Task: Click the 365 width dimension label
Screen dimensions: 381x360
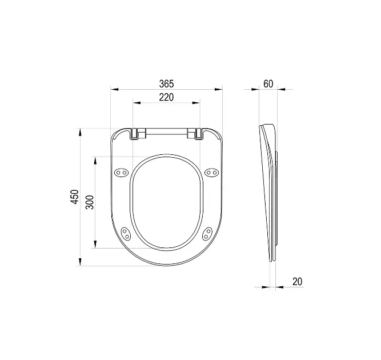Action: point(166,84)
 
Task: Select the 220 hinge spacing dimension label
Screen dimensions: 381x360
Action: point(166,97)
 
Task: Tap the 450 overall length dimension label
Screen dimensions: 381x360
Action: point(75,197)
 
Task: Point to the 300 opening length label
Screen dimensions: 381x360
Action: point(90,202)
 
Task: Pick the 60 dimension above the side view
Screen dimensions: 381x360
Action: point(268,84)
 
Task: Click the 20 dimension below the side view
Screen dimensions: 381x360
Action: point(297,282)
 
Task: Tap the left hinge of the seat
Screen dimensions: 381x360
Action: point(138,134)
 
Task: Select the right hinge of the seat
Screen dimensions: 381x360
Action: point(195,134)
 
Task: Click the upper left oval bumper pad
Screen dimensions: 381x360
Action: point(121,173)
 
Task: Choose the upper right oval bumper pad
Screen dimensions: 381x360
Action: point(212,173)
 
